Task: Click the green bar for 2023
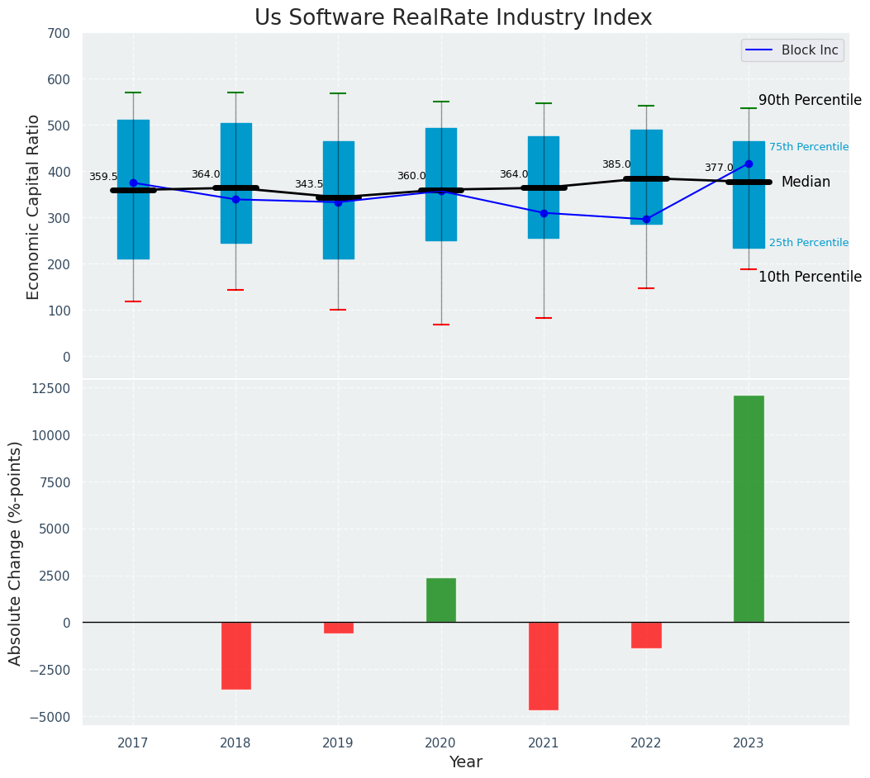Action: (x=749, y=509)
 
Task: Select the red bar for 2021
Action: (x=544, y=666)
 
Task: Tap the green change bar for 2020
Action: (x=441, y=600)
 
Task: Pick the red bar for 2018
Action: (x=236, y=655)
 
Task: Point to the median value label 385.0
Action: (x=616, y=164)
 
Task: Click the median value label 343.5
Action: (x=309, y=184)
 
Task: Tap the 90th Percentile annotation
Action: (x=810, y=100)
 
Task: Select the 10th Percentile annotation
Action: (x=810, y=277)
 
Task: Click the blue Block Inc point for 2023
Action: (x=749, y=164)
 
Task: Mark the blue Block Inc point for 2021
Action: (x=544, y=213)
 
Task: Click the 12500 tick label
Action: (x=50, y=389)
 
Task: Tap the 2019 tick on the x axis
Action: (x=338, y=743)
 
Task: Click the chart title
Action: (x=453, y=18)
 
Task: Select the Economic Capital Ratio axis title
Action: (x=33, y=206)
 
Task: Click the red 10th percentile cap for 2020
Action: (x=441, y=325)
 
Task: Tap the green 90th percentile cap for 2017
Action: (x=133, y=93)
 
